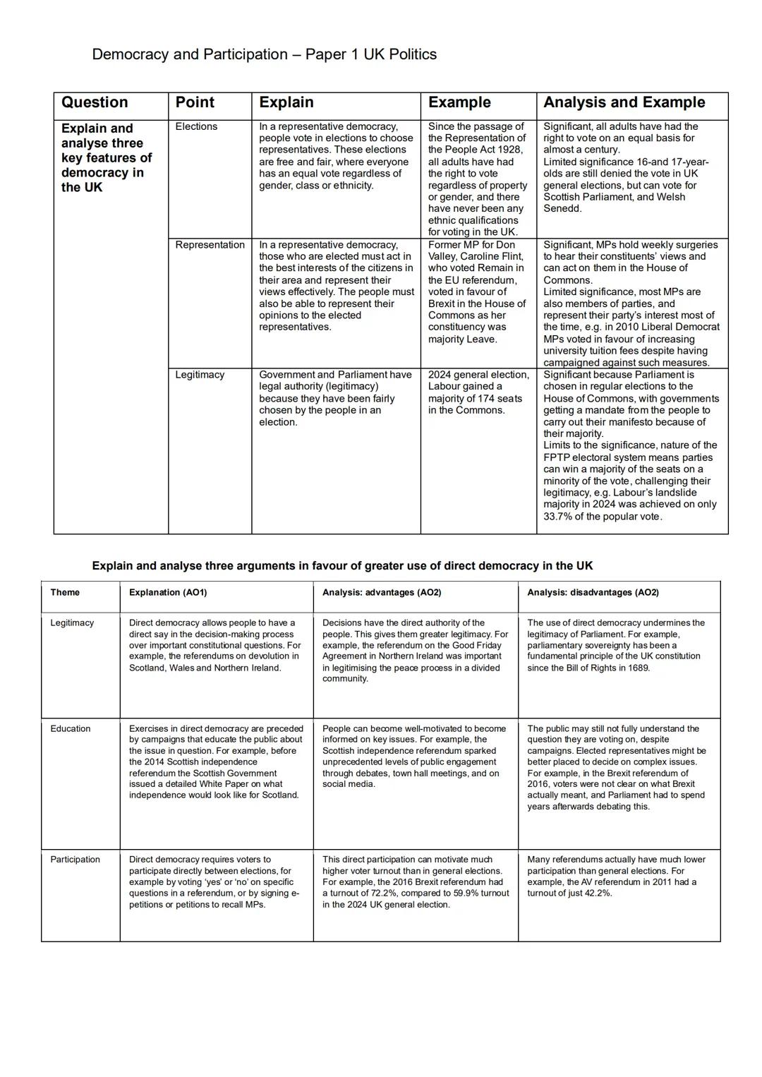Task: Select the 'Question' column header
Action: pos(95,102)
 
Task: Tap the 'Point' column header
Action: pos(195,102)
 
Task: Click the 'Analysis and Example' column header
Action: pos(624,102)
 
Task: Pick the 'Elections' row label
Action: pos(196,126)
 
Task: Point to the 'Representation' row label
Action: pos(210,245)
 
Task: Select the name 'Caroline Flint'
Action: pos(491,256)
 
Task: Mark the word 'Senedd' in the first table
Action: pos(562,209)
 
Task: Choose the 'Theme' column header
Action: pos(65,593)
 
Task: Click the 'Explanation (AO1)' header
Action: pos(168,593)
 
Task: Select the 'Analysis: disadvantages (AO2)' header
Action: pos(593,593)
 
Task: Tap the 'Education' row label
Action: pos(71,729)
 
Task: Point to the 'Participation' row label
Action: pos(75,860)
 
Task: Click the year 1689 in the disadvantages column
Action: pos(637,668)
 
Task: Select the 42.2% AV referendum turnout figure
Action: pos(597,894)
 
